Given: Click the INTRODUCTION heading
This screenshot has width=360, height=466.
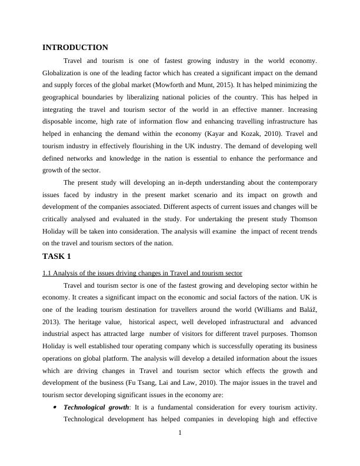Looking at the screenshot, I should click(75, 48).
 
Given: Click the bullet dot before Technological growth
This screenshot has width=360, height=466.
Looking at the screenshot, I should click(54, 407).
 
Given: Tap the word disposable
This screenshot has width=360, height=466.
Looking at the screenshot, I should click(60, 122).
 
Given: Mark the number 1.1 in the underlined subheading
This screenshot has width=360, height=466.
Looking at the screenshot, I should click(48, 273).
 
